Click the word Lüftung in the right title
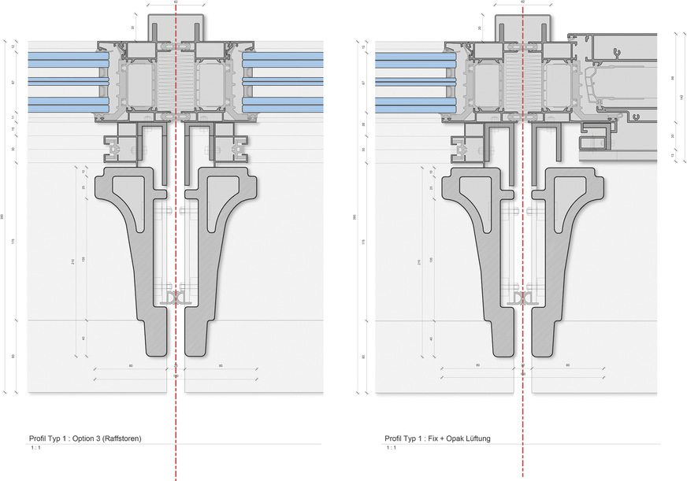(x=475, y=438)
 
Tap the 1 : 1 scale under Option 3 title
(x=36, y=447)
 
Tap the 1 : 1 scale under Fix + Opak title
(x=391, y=447)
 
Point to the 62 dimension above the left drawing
(x=175, y=4)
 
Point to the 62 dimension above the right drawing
(x=522, y=2)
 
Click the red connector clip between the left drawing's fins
(x=175, y=298)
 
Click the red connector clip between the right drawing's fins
(x=522, y=298)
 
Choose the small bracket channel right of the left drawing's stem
(x=236, y=146)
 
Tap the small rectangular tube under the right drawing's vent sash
(x=591, y=142)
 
